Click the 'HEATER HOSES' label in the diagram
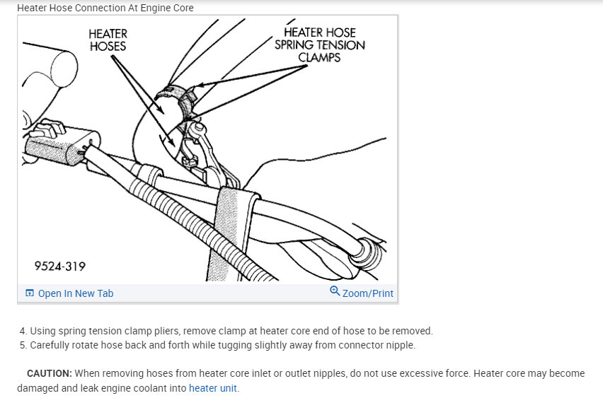(108, 40)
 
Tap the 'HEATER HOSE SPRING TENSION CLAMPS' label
(320, 45)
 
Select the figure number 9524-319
(60, 267)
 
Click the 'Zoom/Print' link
(367, 293)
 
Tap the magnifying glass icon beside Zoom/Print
(335, 291)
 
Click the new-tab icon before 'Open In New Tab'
(29, 293)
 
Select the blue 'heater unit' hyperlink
(212, 388)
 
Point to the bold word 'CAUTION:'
(50, 373)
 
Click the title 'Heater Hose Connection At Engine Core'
(105, 8)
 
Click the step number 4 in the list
(23, 331)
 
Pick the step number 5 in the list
(23, 346)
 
